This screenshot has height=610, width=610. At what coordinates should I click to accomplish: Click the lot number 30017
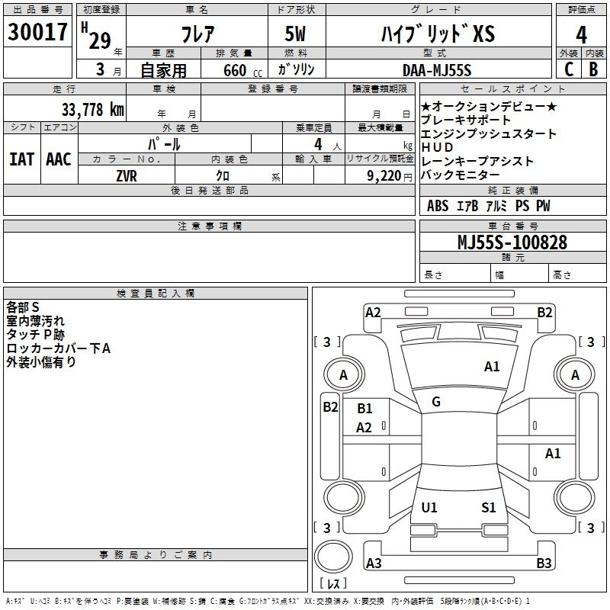tap(37, 32)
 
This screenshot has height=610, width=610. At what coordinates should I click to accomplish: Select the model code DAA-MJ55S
tap(437, 70)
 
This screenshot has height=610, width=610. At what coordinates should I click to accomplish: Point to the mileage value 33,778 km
tap(92, 109)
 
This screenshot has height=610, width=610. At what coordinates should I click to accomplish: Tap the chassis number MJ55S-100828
tap(512, 242)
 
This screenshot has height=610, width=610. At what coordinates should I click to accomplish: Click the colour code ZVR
tap(127, 175)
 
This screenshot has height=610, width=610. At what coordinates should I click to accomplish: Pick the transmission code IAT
tap(21, 159)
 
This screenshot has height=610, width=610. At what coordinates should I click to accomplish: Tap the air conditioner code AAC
tap(58, 159)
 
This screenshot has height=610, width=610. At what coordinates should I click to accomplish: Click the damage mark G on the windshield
tap(435, 401)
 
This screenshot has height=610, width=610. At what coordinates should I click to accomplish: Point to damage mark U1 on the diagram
tap(429, 508)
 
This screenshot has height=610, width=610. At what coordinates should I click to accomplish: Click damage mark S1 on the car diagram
tap(489, 508)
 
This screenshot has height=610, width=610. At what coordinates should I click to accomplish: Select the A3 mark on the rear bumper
tap(374, 563)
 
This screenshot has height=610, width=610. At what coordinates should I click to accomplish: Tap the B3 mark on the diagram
tap(544, 563)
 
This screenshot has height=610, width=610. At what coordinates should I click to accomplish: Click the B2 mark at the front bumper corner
tap(544, 312)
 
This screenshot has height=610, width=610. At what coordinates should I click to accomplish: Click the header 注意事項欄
tap(209, 226)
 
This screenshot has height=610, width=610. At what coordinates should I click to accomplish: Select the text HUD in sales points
tap(437, 147)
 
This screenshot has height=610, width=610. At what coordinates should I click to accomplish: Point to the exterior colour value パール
tap(163, 143)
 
